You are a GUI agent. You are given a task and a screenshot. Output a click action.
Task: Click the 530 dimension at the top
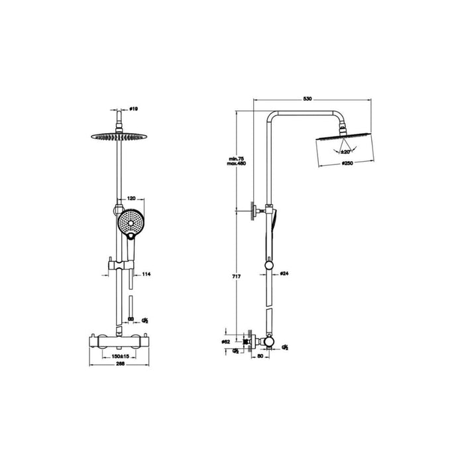pos(307,98)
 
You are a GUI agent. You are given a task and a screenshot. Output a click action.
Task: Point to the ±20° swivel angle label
pos(345,152)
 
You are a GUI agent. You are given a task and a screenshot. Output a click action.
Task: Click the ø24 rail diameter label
pos(282,272)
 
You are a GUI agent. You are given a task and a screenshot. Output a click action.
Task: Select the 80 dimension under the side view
pos(260,355)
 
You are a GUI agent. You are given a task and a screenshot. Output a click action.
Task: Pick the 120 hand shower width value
pos(131,198)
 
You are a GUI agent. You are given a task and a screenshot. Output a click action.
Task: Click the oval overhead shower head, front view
pos(117,137)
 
